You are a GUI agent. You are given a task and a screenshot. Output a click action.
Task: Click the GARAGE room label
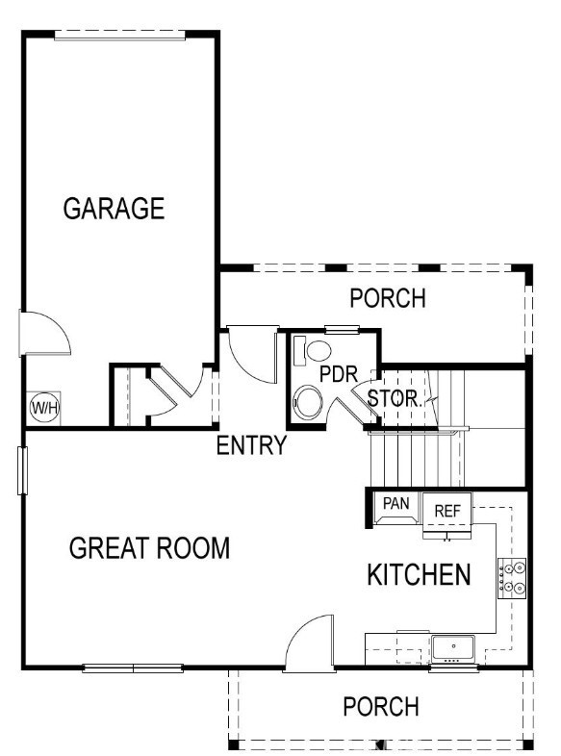click(x=114, y=209)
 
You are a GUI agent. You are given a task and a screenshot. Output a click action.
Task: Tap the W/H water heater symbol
click(x=44, y=407)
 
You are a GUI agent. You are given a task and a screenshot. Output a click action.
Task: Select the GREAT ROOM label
click(x=149, y=548)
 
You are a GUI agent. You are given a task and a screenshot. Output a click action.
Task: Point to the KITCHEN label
click(x=419, y=575)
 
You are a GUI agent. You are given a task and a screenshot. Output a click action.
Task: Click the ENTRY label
click(x=251, y=446)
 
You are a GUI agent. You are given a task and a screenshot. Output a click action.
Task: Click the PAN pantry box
click(x=396, y=504)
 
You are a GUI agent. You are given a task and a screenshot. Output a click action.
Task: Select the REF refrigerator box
click(x=448, y=512)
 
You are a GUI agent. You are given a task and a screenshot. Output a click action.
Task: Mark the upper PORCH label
click(x=387, y=298)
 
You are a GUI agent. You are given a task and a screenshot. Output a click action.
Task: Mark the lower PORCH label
click(x=381, y=707)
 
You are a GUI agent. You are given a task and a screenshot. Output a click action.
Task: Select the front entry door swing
click(x=253, y=354)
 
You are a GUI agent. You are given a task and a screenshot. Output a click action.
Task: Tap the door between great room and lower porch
click(x=309, y=643)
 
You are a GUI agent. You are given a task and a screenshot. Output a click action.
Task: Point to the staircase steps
click(x=416, y=460)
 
